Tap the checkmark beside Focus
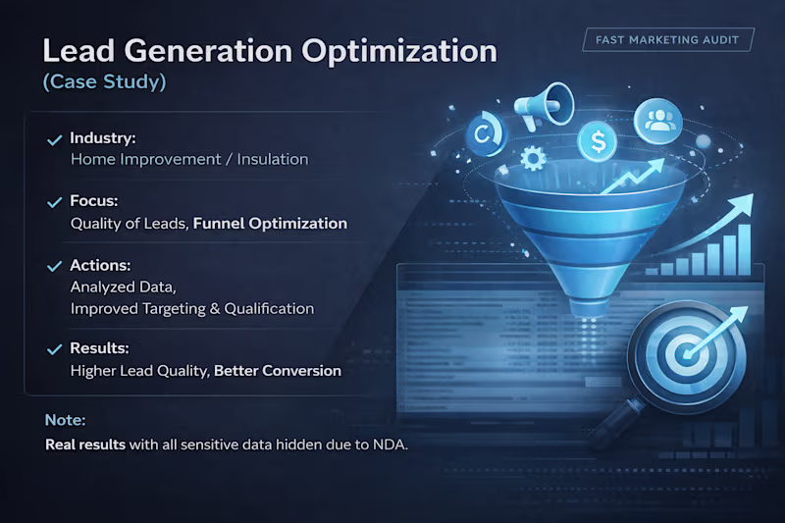[x=55, y=202]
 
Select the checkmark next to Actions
[x=55, y=266]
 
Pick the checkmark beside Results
[x=55, y=348]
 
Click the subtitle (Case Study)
[x=105, y=83]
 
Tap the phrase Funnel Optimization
[x=270, y=224]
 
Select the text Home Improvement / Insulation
[x=189, y=159]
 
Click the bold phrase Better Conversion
[x=278, y=371]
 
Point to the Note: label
[x=66, y=420]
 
